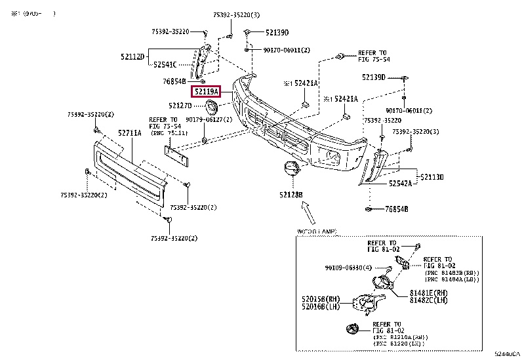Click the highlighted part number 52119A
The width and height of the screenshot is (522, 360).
coord(206,92)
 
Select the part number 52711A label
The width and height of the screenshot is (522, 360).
coord(130,133)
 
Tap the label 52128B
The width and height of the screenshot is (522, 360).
coord(290,195)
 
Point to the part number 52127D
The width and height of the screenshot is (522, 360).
coord(180,106)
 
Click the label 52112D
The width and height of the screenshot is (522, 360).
coord(132,57)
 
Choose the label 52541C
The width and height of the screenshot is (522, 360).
coord(165,64)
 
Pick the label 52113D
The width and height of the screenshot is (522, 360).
coord(432,177)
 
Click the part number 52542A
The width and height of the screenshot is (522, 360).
coord(398,184)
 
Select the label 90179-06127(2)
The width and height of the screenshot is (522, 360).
coord(209,120)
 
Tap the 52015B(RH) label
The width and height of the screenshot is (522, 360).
coord(320,299)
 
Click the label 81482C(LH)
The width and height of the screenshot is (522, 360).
coord(428,300)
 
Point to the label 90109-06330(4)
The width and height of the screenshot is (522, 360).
coord(348,268)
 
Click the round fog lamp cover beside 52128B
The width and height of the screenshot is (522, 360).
coord(289,169)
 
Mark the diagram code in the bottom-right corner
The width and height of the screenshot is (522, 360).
coord(507,353)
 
